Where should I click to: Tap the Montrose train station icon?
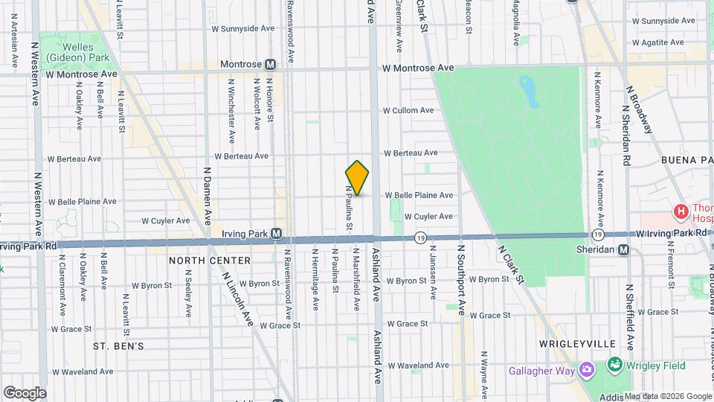270,65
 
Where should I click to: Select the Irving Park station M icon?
276,234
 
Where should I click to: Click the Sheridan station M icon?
623,249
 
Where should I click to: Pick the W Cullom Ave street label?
408,110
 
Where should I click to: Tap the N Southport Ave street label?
460,278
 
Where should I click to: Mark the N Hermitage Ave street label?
315,278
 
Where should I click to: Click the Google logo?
25,392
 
